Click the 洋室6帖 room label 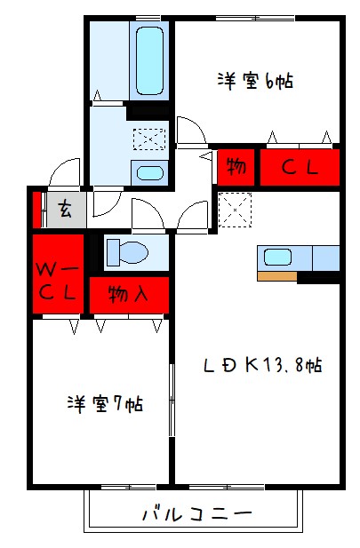[255, 81]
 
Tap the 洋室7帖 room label [105, 403]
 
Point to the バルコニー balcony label [196, 513]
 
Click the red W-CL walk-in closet [59, 274]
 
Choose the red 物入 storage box [128, 293]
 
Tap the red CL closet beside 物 [300, 167]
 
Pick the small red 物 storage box [236, 166]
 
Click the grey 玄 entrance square [66, 210]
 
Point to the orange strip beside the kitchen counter [276, 276]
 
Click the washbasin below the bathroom [148, 172]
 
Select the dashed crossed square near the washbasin [144, 139]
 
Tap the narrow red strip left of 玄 [38, 210]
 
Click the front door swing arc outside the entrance [65, 172]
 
